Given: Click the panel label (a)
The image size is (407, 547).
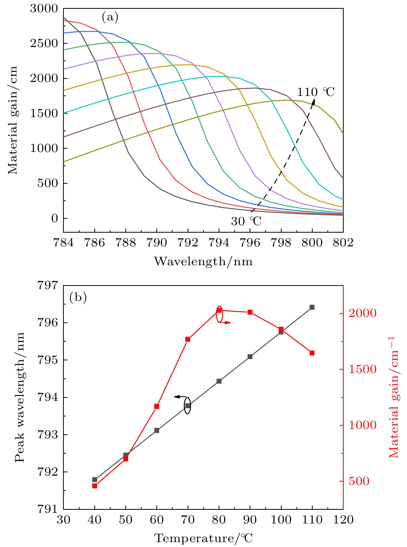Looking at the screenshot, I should [110, 18].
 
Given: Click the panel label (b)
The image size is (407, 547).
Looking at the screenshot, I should [78, 298].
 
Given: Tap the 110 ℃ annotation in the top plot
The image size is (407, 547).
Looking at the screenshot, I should [316, 92].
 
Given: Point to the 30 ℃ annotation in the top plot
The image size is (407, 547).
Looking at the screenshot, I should [246, 221].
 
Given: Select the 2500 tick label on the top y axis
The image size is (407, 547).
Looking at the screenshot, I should [44, 43].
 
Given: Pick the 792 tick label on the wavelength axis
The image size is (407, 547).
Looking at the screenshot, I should [188, 243].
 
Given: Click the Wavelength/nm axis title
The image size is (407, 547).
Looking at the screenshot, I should [203, 261].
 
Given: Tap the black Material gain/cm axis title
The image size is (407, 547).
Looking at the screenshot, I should [12, 120].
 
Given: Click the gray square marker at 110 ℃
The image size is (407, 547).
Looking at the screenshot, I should [312, 307].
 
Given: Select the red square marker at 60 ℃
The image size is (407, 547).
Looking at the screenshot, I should [157, 406].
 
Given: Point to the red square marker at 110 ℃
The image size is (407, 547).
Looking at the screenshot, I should [312, 353].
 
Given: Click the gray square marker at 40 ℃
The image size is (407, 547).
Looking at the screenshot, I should [95, 480].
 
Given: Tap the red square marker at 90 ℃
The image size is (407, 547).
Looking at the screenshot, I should [250, 312].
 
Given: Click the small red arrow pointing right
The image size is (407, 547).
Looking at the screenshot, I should [227, 323].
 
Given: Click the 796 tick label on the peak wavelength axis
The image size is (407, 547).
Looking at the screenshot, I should [48, 323].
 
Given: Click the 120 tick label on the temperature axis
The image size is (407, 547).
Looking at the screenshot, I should [343, 520].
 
